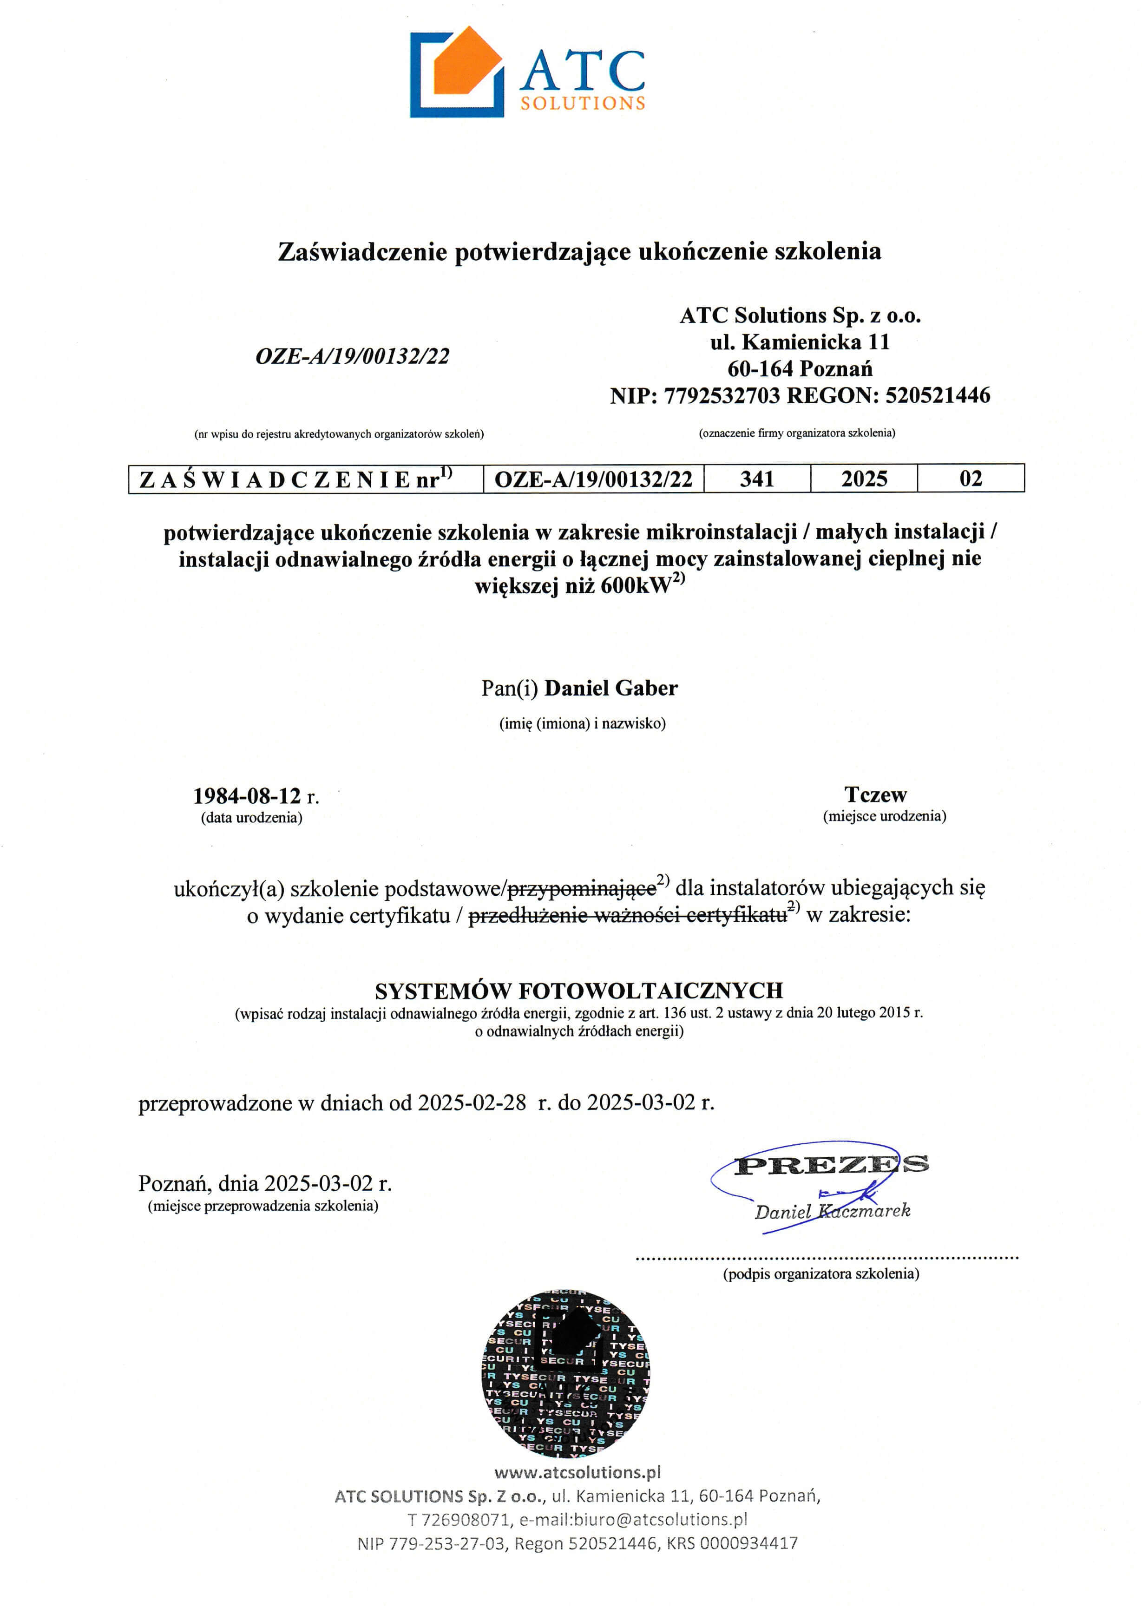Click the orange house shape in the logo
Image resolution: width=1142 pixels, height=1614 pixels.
tap(466, 62)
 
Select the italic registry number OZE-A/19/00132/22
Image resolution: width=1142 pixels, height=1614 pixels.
tap(352, 356)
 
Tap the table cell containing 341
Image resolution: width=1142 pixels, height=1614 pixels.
tap(757, 479)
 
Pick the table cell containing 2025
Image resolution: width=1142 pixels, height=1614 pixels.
tap(864, 479)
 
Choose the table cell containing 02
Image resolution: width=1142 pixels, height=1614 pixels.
tap(971, 479)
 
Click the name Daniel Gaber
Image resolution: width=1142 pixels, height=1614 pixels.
tap(610, 688)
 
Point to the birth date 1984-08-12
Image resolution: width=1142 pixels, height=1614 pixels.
tap(247, 796)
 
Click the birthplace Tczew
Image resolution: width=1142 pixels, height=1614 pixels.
tap(875, 795)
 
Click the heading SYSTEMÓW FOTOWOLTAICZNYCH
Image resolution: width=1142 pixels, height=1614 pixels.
tap(579, 991)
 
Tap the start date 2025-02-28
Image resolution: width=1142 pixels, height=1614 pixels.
tap(472, 1103)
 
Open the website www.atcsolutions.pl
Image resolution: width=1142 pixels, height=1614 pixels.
tap(578, 1472)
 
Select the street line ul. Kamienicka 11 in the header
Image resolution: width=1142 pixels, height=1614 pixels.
tap(800, 342)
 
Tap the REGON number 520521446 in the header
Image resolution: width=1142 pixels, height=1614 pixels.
tap(938, 396)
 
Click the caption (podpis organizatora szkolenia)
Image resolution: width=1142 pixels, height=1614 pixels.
tap(820, 1273)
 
